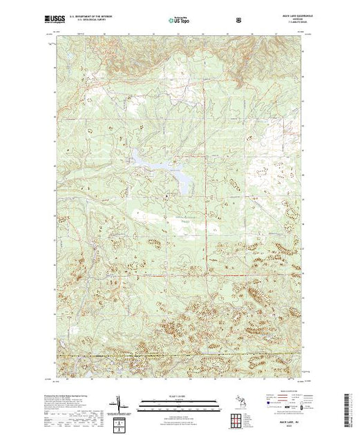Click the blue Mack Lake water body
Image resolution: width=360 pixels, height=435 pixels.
click(x=162, y=166)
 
